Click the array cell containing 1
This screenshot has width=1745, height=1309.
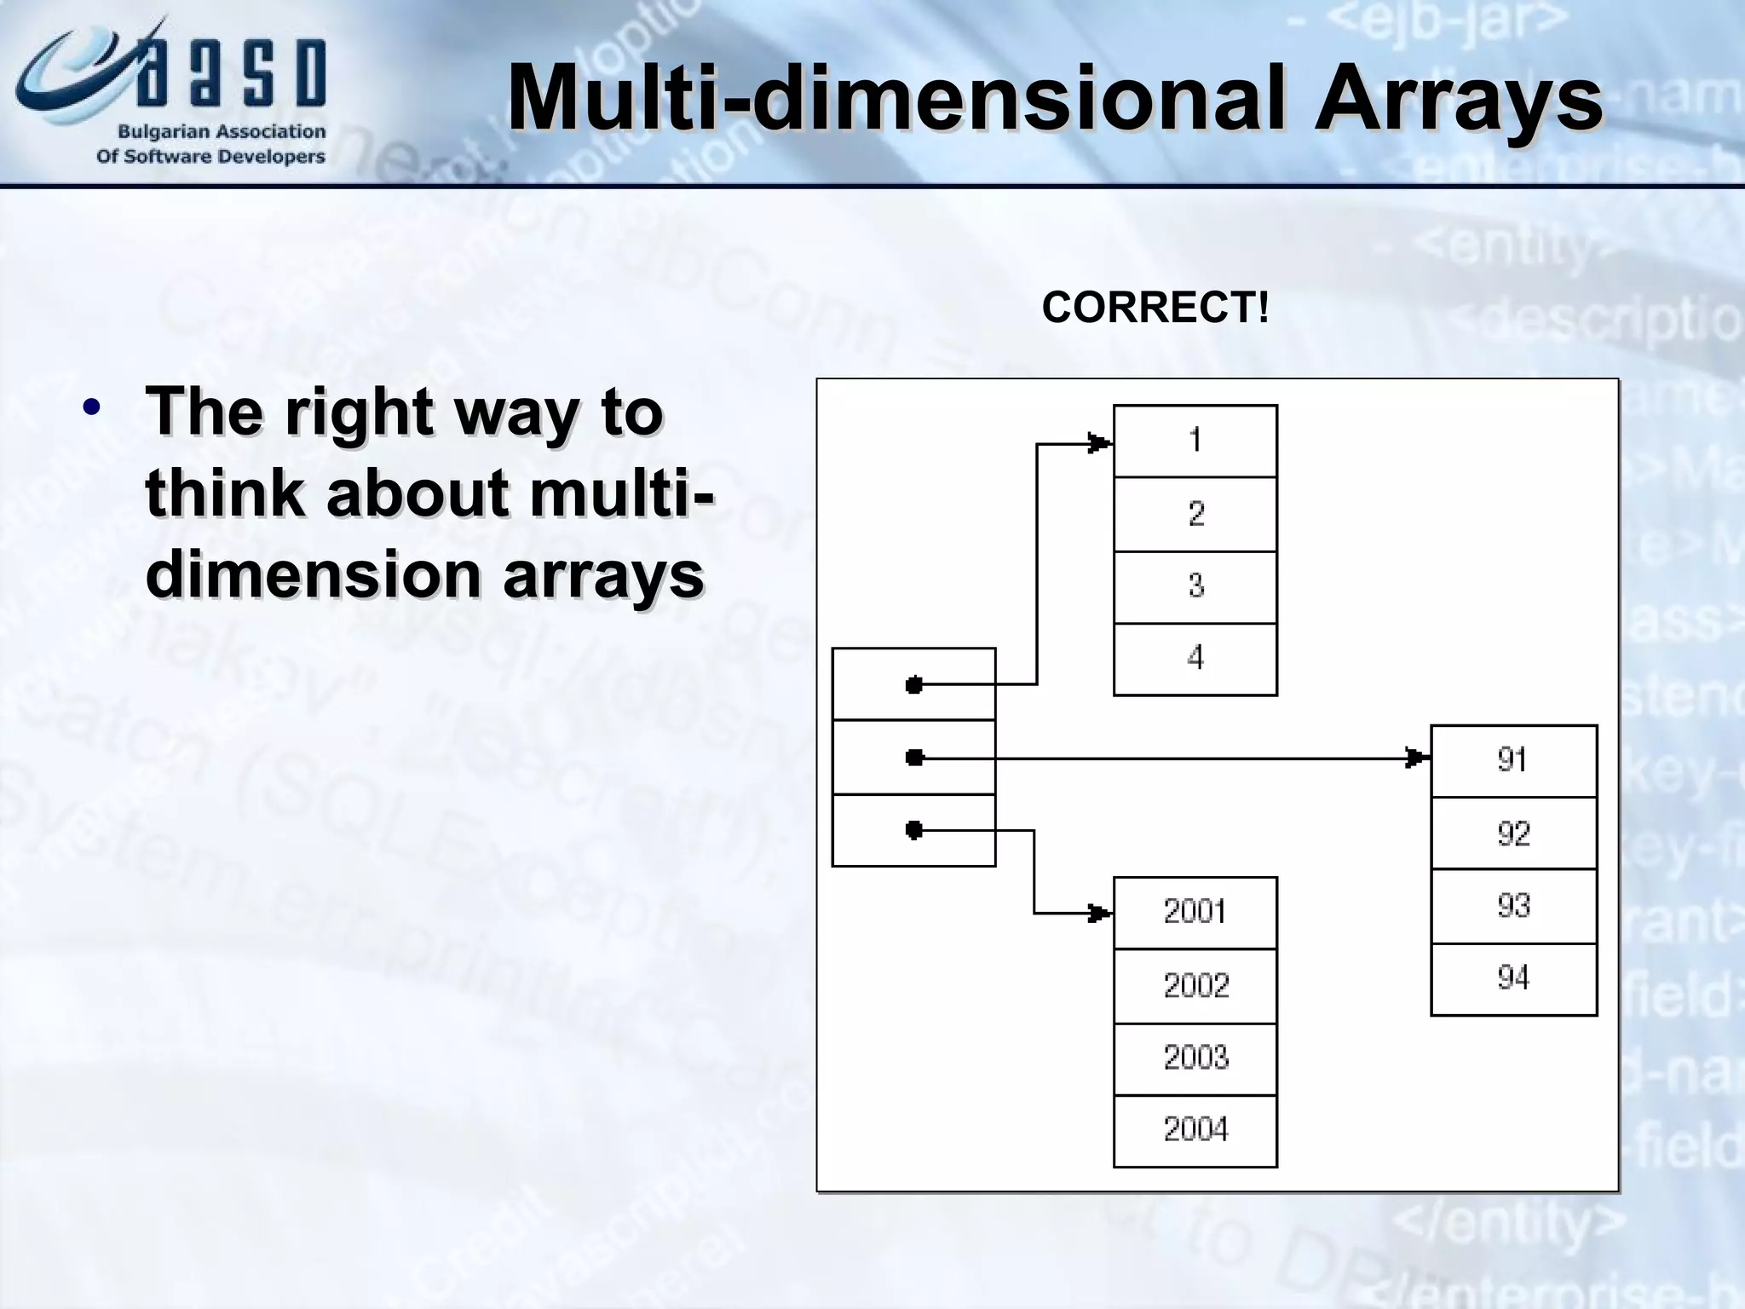[1195, 441]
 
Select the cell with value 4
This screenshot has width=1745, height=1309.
[1195, 659]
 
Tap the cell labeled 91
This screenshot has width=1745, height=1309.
[1513, 760]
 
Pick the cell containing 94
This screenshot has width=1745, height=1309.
[1513, 978]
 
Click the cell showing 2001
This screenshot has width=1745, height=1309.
[1195, 913]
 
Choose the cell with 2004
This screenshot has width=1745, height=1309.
[1195, 1131]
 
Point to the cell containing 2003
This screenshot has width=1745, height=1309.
[1195, 1058]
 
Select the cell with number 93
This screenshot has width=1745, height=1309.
[1513, 906]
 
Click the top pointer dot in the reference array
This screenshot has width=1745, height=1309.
[914, 684]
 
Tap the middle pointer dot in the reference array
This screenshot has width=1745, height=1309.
[914, 757]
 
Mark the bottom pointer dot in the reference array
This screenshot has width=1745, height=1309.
[914, 829]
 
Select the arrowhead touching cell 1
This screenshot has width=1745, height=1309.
[1100, 443]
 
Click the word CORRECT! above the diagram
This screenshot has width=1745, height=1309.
[1155, 308]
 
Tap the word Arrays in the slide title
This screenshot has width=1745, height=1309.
[1457, 99]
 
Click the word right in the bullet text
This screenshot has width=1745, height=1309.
[359, 412]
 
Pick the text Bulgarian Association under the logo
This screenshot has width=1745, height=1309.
[221, 132]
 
